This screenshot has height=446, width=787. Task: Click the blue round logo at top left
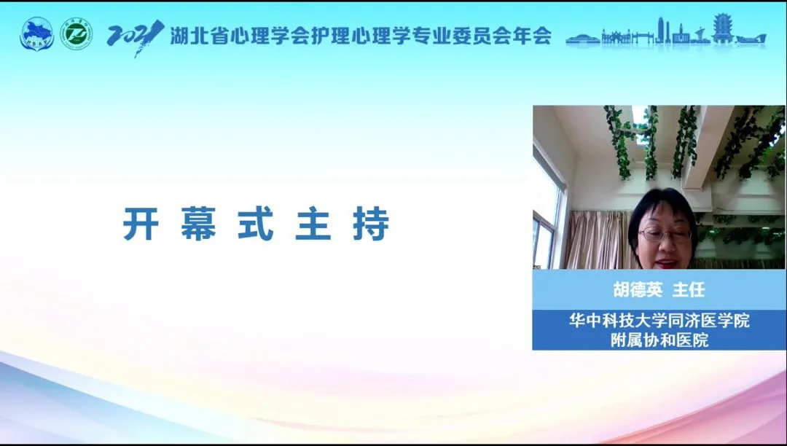pos(36,34)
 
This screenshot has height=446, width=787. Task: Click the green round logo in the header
pos(77,34)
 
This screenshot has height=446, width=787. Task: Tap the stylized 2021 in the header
pos(135,36)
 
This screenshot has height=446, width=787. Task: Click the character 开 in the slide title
pos(141,223)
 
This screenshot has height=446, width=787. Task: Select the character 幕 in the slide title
pos(198,223)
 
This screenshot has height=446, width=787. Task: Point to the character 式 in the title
pos(256,223)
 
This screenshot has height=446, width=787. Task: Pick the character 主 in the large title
pos(313,223)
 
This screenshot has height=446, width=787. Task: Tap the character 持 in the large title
pos(371,223)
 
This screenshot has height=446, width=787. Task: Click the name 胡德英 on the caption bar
pos(638,289)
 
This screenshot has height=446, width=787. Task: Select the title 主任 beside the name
pos(689,289)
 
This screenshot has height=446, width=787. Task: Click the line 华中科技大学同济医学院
pos(659,320)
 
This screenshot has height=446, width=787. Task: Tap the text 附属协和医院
pos(659,340)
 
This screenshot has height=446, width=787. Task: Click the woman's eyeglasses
pos(665,234)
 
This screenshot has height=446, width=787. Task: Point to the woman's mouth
pos(667,262)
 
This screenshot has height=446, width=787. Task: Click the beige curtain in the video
pos(598,240)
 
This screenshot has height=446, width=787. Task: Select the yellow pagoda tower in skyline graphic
pos(722,28)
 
